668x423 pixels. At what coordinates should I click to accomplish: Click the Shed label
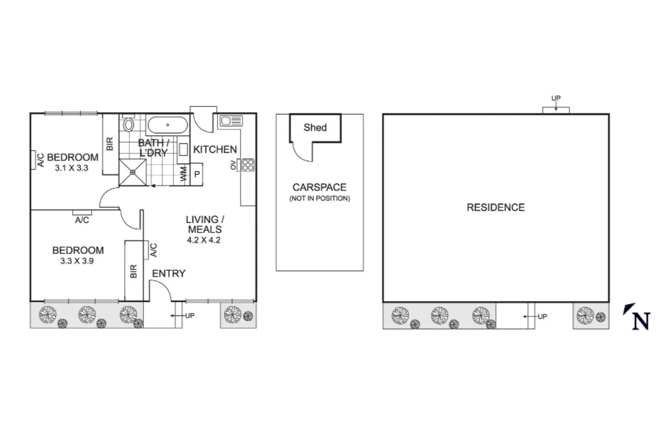tap(315, 128)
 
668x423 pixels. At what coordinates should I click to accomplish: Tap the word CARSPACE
tap(319, 188)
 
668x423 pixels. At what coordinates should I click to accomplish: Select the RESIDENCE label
tap(495, 208)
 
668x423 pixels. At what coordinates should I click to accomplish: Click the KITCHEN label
tap(215, 150)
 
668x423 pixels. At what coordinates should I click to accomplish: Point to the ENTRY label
tap(169, 273)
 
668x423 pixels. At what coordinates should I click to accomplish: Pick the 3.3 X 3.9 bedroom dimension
tap(78, 261)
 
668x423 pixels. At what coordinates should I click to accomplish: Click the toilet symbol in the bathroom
tap(128, 124)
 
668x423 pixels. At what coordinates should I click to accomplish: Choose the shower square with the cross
tap(132, 173)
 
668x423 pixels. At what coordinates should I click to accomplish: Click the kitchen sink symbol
tap(230, 120)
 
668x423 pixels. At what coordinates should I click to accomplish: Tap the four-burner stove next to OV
tap(247, 165)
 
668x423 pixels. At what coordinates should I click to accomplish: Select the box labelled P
tap(197, 174)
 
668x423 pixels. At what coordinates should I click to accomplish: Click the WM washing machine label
tap(183, 174)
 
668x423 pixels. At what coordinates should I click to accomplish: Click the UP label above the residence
tap(555, 99)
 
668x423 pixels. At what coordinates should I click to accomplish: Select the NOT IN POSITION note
tap(319, 199)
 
